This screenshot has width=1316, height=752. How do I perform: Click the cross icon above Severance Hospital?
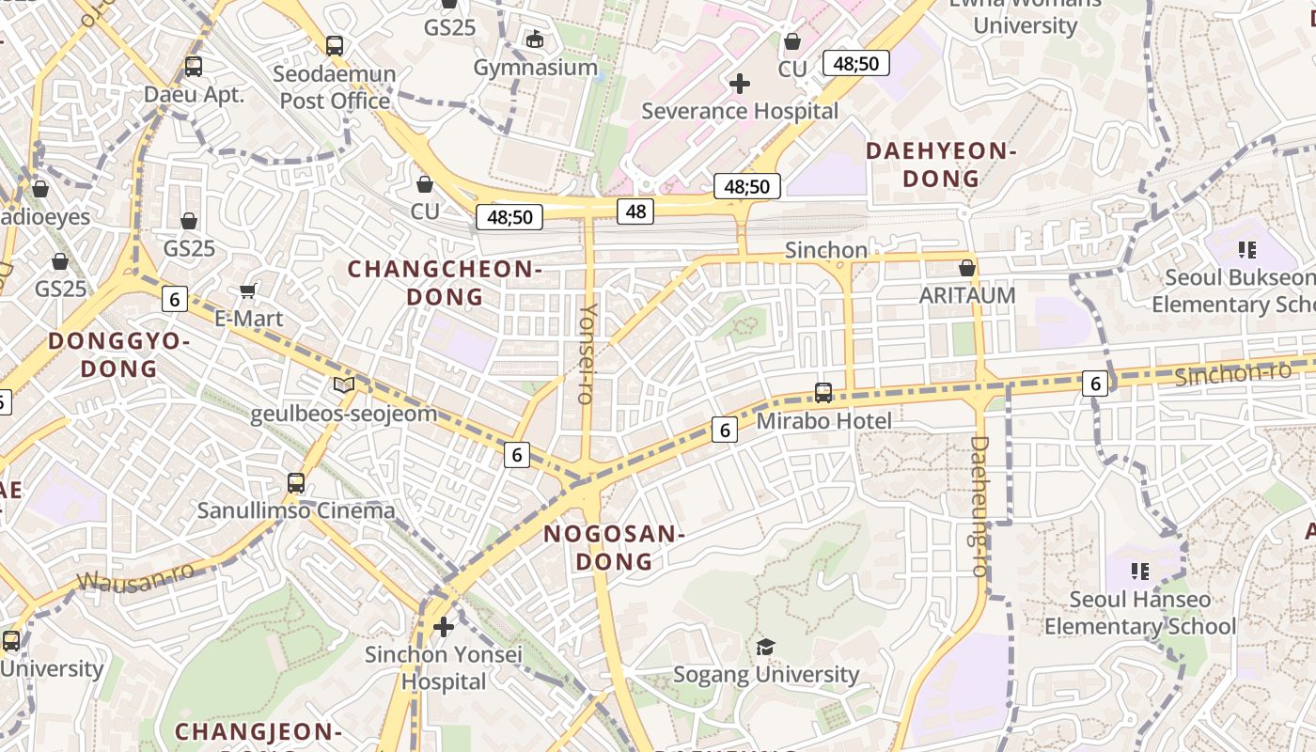click(x=740, y=84)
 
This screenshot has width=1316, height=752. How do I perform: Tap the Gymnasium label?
click(x=535, y=68)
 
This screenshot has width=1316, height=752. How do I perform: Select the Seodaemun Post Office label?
click(x=335, y=86)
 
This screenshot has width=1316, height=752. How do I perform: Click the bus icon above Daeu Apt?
click(x=194, y=67)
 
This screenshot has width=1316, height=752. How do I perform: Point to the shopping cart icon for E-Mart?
click(x=248, y=291)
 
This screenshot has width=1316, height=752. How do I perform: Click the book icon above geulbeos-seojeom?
click(x=344, y=384)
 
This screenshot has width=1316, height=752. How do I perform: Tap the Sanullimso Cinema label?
click(x=296, y=510)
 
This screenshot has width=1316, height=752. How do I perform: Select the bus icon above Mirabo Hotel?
click(x=823, y=393)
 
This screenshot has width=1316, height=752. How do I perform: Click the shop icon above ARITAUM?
click(x=967, y=269)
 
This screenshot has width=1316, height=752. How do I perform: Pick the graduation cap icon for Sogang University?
click(x=765, y=647)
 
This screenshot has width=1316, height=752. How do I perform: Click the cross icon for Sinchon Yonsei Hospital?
click(x=444, y=626)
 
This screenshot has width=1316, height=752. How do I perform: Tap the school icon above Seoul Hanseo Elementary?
click(x=1140, y=571)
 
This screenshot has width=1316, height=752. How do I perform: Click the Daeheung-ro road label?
click(x=979, y=506)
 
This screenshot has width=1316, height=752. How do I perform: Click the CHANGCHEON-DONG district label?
click(x=445, y=283)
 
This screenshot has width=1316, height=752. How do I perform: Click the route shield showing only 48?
click(x=635, y=211)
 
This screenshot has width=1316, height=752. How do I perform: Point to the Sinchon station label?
click(x=826, y=250)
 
